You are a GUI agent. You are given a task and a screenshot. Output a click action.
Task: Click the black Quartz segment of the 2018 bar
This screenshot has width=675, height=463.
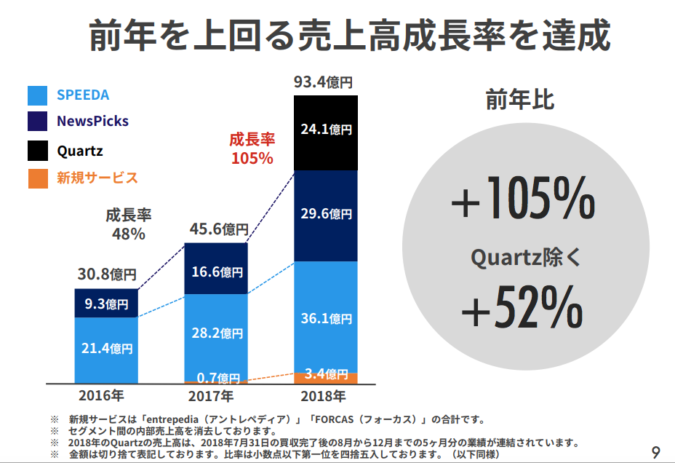click(325, 131)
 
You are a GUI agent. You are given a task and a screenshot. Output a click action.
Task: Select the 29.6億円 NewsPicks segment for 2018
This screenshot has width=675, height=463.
click(325, 215)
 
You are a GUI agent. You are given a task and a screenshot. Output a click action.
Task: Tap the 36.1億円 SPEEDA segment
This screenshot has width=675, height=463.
click(325, 318)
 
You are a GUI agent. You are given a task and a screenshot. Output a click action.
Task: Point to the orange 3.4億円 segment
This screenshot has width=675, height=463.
click(325, 376)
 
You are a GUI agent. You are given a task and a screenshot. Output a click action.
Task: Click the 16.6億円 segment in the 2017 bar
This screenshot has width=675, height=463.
click(216, 271)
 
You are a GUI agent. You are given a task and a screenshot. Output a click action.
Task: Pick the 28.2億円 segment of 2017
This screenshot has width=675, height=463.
click(216, 333)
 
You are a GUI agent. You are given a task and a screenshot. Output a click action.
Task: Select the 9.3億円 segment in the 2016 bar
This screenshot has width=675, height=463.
click(106, 304)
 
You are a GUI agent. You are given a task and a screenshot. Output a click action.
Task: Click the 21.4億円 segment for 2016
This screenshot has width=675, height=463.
click(106, 348)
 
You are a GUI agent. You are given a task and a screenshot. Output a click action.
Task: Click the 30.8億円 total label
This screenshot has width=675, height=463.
click(107, 274)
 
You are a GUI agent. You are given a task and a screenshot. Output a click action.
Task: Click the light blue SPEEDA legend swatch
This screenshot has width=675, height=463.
click(38, 95)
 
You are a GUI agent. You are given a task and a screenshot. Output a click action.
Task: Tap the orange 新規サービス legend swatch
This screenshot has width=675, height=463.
click(38, 178)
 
